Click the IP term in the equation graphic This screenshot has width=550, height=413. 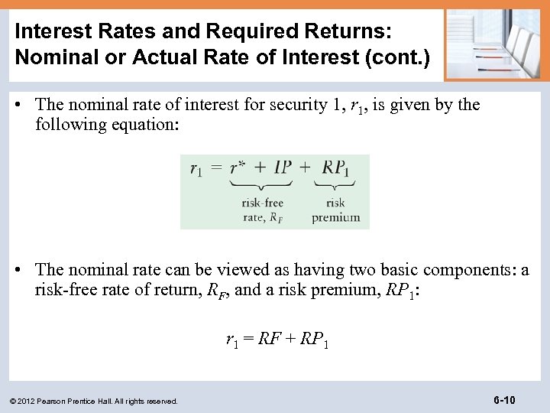click(282, 167)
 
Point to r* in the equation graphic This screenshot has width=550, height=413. click(241, 167)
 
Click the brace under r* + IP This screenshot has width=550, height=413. click(261, 186)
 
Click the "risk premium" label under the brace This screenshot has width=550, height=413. click(335, 210)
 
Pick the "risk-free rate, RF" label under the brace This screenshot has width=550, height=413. click(262, 210)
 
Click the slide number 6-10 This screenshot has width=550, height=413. click(505, 400)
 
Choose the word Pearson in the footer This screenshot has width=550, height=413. click(59, 401)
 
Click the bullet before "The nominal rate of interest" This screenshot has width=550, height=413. click(22, 106)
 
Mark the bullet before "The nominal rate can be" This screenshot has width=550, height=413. click(22, 271)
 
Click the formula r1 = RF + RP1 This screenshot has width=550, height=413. click(277, 339)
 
